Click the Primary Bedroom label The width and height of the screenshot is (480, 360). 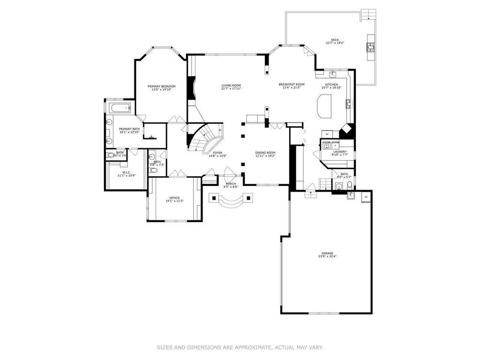pyautogui.click(x=161, y=86)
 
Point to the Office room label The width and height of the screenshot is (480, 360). pyautogui.click(x=174, y=198)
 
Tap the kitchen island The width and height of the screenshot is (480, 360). pyautogui.click(x=324, y=106)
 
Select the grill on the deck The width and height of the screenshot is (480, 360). pyautogui.click(x=370, y=47)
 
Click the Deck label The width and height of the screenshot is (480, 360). pyautogui.click(x=335, y=40)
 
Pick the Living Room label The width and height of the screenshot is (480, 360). pyautogui.click(x=231, y=85)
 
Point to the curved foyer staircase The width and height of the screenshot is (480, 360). pyautogui.click(x=205, y=138)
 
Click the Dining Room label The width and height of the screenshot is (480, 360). pyautogui.click(x=265, y=153)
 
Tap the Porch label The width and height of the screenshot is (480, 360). pyautogui.click(x=231, y=183)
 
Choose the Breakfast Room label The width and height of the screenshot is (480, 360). pyautogui.click(x=291, y=84)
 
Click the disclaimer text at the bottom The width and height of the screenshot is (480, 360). pyautogui.click(x=240, y=347)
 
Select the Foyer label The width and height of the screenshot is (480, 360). pyautogui.click(x=217, y=153)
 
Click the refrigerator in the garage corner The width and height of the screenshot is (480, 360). pyautogui.click(x=366, y=197)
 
